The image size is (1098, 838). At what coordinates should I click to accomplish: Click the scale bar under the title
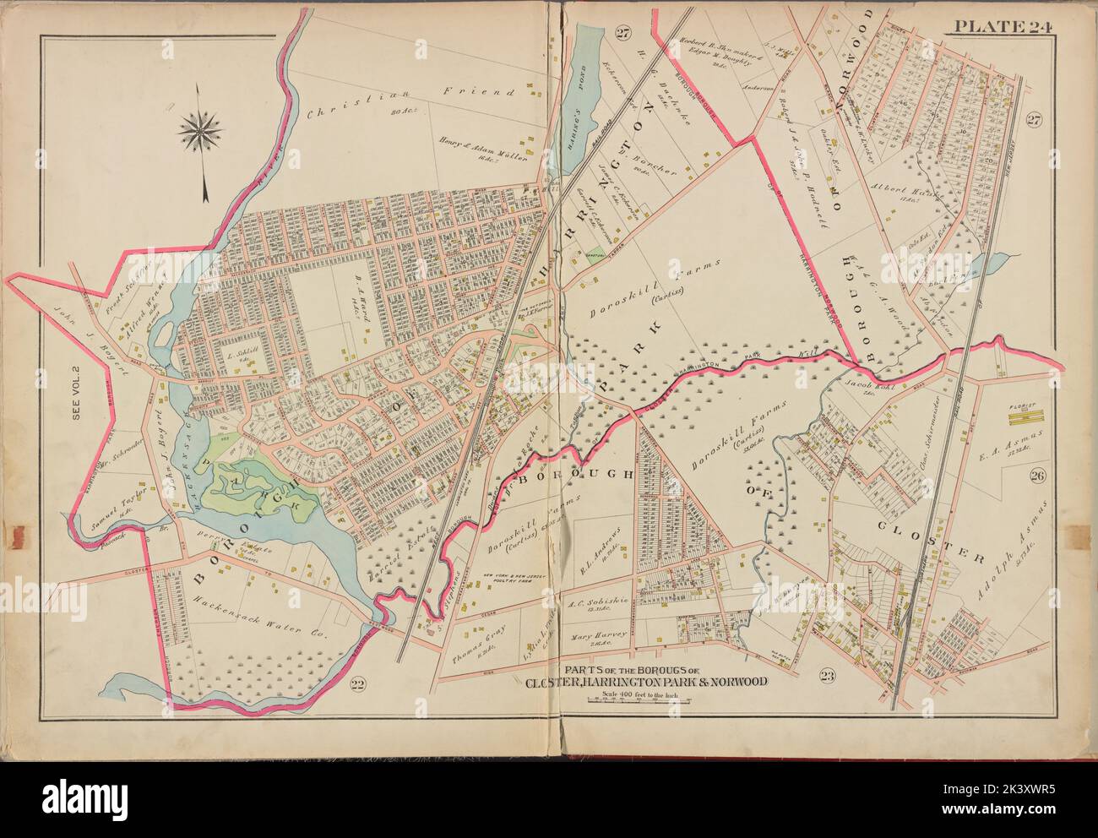point(644,703)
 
